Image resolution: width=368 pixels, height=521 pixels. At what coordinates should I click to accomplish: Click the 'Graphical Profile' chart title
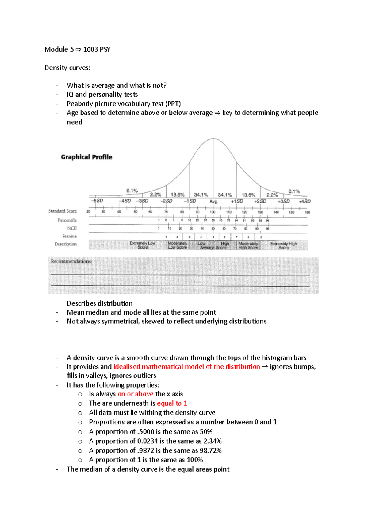(x=86, y=157)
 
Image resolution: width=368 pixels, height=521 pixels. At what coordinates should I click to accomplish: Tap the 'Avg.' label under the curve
(x=214, y=202)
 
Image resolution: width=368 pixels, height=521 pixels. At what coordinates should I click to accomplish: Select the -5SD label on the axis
(x=97, y=201)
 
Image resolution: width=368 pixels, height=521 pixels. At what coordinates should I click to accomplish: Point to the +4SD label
(x=305, y=201)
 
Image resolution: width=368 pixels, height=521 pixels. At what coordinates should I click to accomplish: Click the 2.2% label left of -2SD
(x=155, y=195)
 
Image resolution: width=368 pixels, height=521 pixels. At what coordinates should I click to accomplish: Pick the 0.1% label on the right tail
(x=294, y=191)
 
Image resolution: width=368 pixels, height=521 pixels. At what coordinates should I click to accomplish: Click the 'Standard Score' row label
(x=63, y=211)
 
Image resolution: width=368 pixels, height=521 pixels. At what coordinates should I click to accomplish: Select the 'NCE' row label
(x=72, y=228)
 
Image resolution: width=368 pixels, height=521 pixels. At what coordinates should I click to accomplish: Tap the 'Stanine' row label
(x=70, y=236)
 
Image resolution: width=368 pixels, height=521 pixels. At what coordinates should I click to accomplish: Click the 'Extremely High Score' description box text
(x=284, y=245)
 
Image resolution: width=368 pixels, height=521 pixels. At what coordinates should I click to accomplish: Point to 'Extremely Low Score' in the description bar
(x=142, y=245)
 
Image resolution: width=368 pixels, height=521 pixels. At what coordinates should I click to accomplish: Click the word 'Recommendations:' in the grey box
(x=71, y=261)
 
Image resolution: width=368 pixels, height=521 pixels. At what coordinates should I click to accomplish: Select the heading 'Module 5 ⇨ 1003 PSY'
(x=77, y=49)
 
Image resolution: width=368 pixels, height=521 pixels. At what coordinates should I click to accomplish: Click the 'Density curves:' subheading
(x=67, y=68)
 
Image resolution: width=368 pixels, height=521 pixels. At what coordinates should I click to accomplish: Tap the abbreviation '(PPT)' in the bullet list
(x=173, y=104)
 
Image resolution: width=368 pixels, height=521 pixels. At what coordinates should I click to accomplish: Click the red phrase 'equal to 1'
(x=172, y=403)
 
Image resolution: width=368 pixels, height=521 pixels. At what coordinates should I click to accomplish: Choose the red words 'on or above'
(x=136, y=394)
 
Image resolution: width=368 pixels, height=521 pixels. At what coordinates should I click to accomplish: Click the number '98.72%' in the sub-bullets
(x=210, y=450)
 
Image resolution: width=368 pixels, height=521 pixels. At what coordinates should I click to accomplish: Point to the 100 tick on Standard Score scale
(x=213, y=212)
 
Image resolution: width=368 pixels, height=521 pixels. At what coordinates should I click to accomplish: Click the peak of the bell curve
(x=213, y=139)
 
